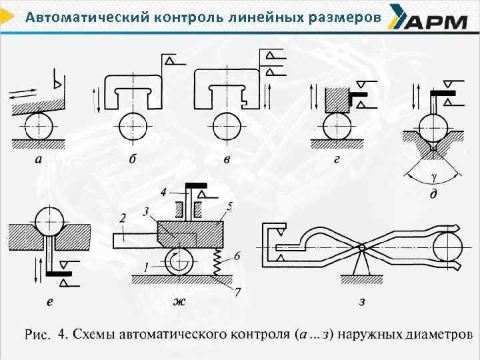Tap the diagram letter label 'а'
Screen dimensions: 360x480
coord(39,159)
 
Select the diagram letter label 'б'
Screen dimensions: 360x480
coord(133,159)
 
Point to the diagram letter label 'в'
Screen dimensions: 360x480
coord(227,159)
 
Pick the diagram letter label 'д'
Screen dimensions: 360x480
coord(434,193)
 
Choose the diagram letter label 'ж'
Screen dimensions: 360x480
coord(179,302)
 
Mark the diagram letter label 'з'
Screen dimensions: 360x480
coord(362,302)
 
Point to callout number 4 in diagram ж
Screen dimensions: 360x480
coord(163,193)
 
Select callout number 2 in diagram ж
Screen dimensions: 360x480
coord(123,218)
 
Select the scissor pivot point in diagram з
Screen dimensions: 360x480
coord(361,247)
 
